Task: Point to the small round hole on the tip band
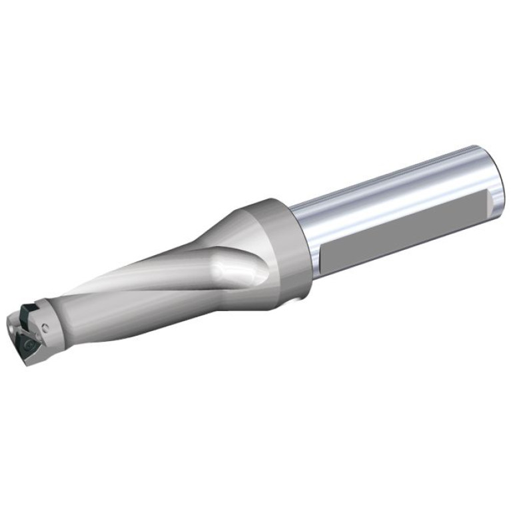pyautogui.click(x=45, y=326)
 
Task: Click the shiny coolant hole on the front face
pyautogui.click(x=13, y=328)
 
